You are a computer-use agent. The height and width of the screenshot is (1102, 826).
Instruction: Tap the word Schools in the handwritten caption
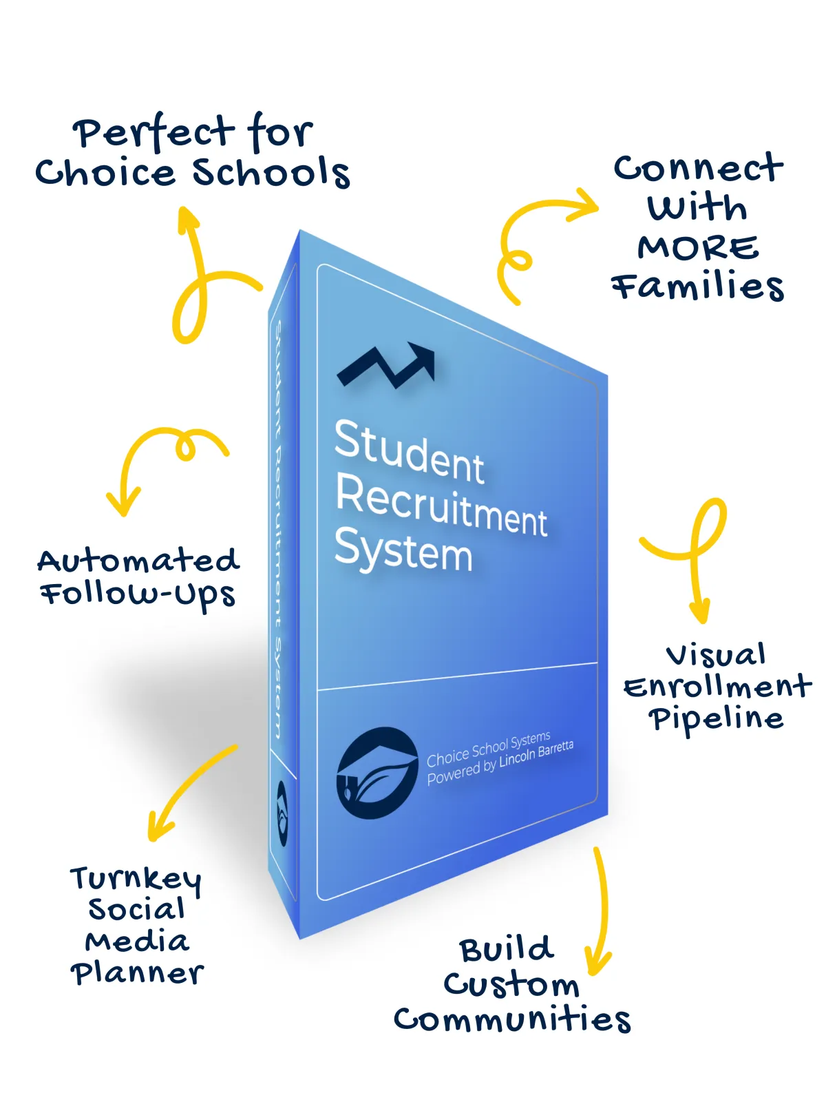pyautogui.click(x=271, y=172)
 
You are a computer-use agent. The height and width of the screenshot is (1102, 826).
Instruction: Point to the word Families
pyautogui.click(x=698, y=287)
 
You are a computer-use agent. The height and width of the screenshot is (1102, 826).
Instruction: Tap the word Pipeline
pyautogui.click(x=716, y=719)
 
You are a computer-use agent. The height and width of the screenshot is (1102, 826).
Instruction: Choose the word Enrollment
pyautogui.click(x=717, y=687)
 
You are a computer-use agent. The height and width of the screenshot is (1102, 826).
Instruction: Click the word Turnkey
pyautogui.click(x=136, y=880)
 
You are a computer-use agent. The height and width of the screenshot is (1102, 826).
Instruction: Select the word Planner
pyautogui.click(x=137, y=973)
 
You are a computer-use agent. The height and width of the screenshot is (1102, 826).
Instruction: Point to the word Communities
pyautogui.click(x=512, y=1020)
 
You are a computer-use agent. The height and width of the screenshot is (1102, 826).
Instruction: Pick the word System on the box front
pyautogui.click(x=403, y=550)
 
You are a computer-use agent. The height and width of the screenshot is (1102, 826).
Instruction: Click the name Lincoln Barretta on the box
pyautogui.click(x=536, y=756)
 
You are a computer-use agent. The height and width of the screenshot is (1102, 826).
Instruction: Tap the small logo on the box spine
pyautogui.click(x=282, y=813)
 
